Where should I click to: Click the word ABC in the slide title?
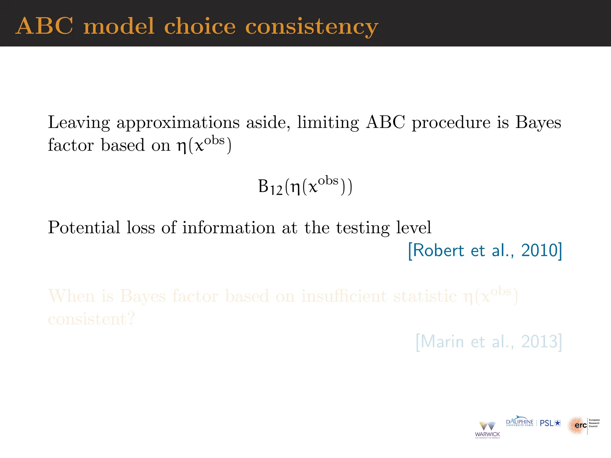[44, 26]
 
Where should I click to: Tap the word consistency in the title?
[311, 27]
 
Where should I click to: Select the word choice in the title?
[200, 26]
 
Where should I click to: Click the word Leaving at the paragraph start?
[79, 123]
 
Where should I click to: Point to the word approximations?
[178, 123]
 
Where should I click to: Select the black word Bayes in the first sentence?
[538, 123]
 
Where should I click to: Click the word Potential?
[84, 228]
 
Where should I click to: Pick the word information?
[229, 228]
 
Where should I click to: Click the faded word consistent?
[91, 319]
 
